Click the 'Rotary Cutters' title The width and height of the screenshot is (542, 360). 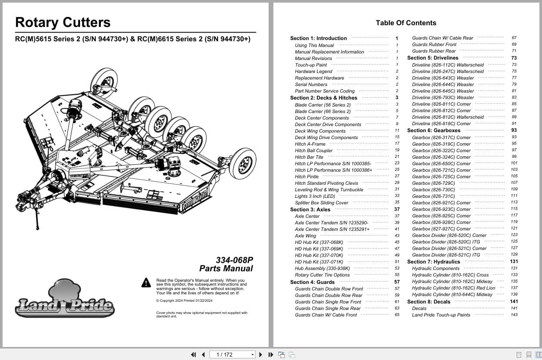(63, 23)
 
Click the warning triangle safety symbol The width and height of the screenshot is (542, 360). (146, 283)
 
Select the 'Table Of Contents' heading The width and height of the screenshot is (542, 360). (406, 23)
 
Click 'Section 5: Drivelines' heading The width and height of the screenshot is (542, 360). (432, 58)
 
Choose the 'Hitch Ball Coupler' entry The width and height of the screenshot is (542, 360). (313, 150)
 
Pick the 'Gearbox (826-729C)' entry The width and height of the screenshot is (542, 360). (433, 183)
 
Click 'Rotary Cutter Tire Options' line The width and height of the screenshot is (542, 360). (322, 275)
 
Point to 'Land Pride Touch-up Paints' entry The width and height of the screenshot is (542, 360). (441, 315)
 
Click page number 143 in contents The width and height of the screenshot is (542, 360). (514, 315)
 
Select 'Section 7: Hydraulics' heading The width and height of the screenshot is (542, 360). (433, 262)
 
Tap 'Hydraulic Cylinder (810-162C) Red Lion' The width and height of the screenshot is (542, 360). (453, 288)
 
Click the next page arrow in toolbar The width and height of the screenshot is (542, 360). (261, 355)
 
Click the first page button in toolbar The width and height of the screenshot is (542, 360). (193, 355)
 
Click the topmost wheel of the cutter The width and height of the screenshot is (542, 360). (104, 81)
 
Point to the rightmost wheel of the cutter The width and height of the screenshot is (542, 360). (242, 163)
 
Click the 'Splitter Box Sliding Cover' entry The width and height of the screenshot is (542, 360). (321, 203)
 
